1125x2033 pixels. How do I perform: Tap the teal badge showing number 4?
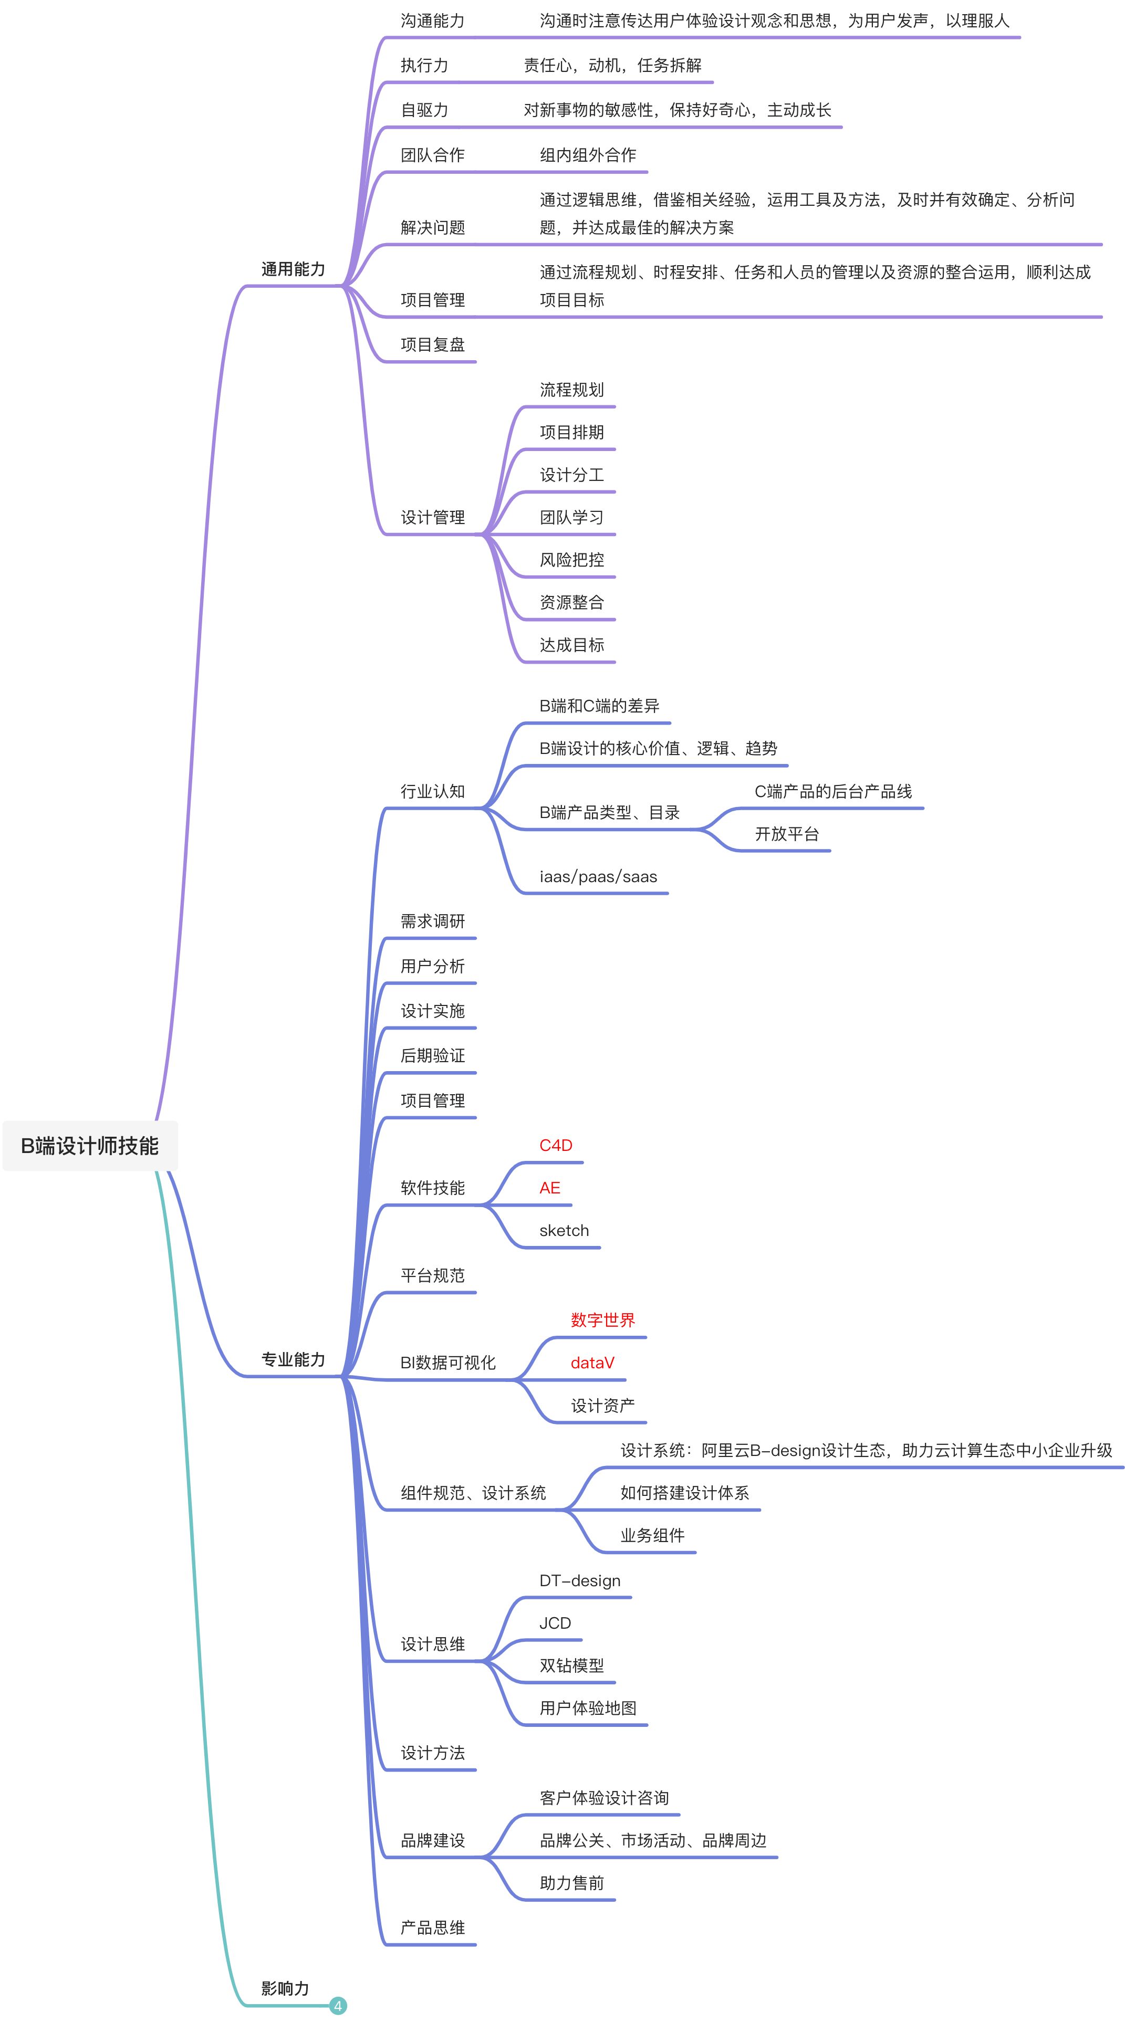(x=338, y=2005)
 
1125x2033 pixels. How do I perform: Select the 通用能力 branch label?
(x=293, y=269)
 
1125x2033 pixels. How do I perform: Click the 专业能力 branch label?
(x=293, y=1359)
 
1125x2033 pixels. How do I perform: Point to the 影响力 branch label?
(x=285, y=1988)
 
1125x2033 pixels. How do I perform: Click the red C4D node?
(x=556, y=1145)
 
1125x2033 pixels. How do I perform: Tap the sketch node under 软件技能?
(x=564, y=1230)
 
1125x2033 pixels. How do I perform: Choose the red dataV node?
(x=592, y=1363)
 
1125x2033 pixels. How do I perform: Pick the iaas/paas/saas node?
(x=598, y=877)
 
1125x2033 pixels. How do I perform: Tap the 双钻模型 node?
(x=571, y=1666)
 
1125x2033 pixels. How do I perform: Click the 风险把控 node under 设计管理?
(x=571, y=560)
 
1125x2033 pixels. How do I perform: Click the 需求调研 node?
(x=433, y=921)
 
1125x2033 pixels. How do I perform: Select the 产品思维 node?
(x=433, y=1928)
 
